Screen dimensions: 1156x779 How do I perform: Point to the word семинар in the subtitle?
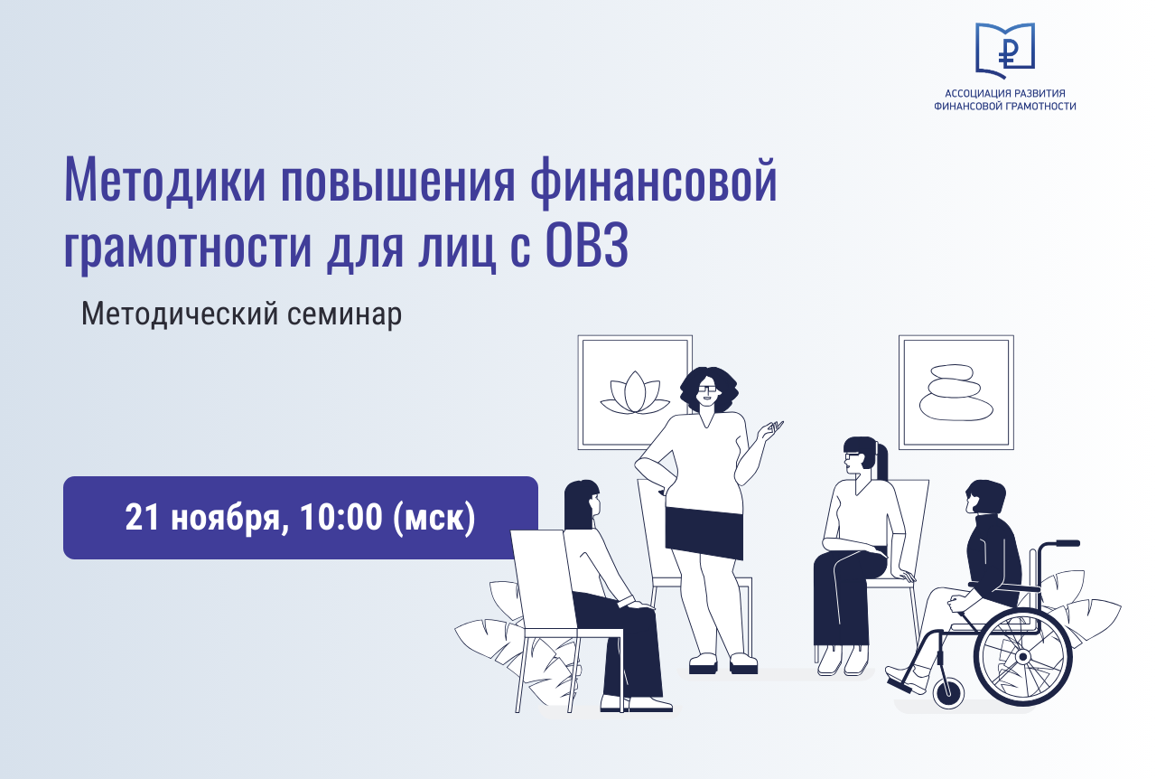tap(344, 314)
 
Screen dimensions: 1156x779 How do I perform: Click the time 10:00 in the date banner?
tap(340, 517)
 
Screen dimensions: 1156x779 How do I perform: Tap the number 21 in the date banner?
tap(142, 517)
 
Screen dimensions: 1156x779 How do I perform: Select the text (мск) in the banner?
tap(434, 518)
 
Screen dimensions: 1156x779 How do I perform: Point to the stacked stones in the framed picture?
tap(956, 392)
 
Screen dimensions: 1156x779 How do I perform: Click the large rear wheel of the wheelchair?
tap(1022, 657)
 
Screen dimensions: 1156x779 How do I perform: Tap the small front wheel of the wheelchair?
tap(948, 693)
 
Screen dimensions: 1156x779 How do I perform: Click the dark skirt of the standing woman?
tap(704, 533)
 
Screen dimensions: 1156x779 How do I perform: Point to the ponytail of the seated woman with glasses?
tap(881, 461)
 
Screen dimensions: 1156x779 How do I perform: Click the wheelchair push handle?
tap(1067, 543)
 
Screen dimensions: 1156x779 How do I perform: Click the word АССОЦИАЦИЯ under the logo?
tap(971, 93)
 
